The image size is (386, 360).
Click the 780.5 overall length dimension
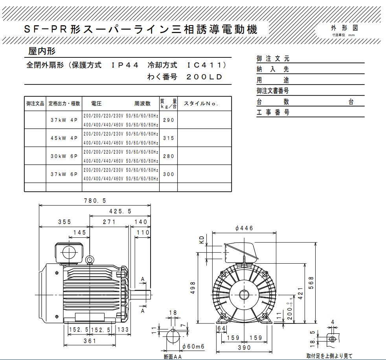click(95, 200)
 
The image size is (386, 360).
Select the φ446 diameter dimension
click(244, 228)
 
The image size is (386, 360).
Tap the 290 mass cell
click(168, 120)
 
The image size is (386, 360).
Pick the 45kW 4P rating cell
click(64, 138)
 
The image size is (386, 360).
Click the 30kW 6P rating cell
click(64, 156)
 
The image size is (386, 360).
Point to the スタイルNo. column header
click(201, 104)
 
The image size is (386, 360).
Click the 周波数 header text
click(142, 104)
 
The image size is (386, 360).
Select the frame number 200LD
click(204, 77)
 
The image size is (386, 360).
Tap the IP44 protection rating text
click(125, 65)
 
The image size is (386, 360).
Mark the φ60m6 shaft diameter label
click(193, 346)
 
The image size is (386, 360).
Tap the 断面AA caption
click(173, 357)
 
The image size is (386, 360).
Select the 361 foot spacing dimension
click(90, 341)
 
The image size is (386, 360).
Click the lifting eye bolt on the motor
click(90, 259)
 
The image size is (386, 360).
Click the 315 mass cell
click(168, 138)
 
